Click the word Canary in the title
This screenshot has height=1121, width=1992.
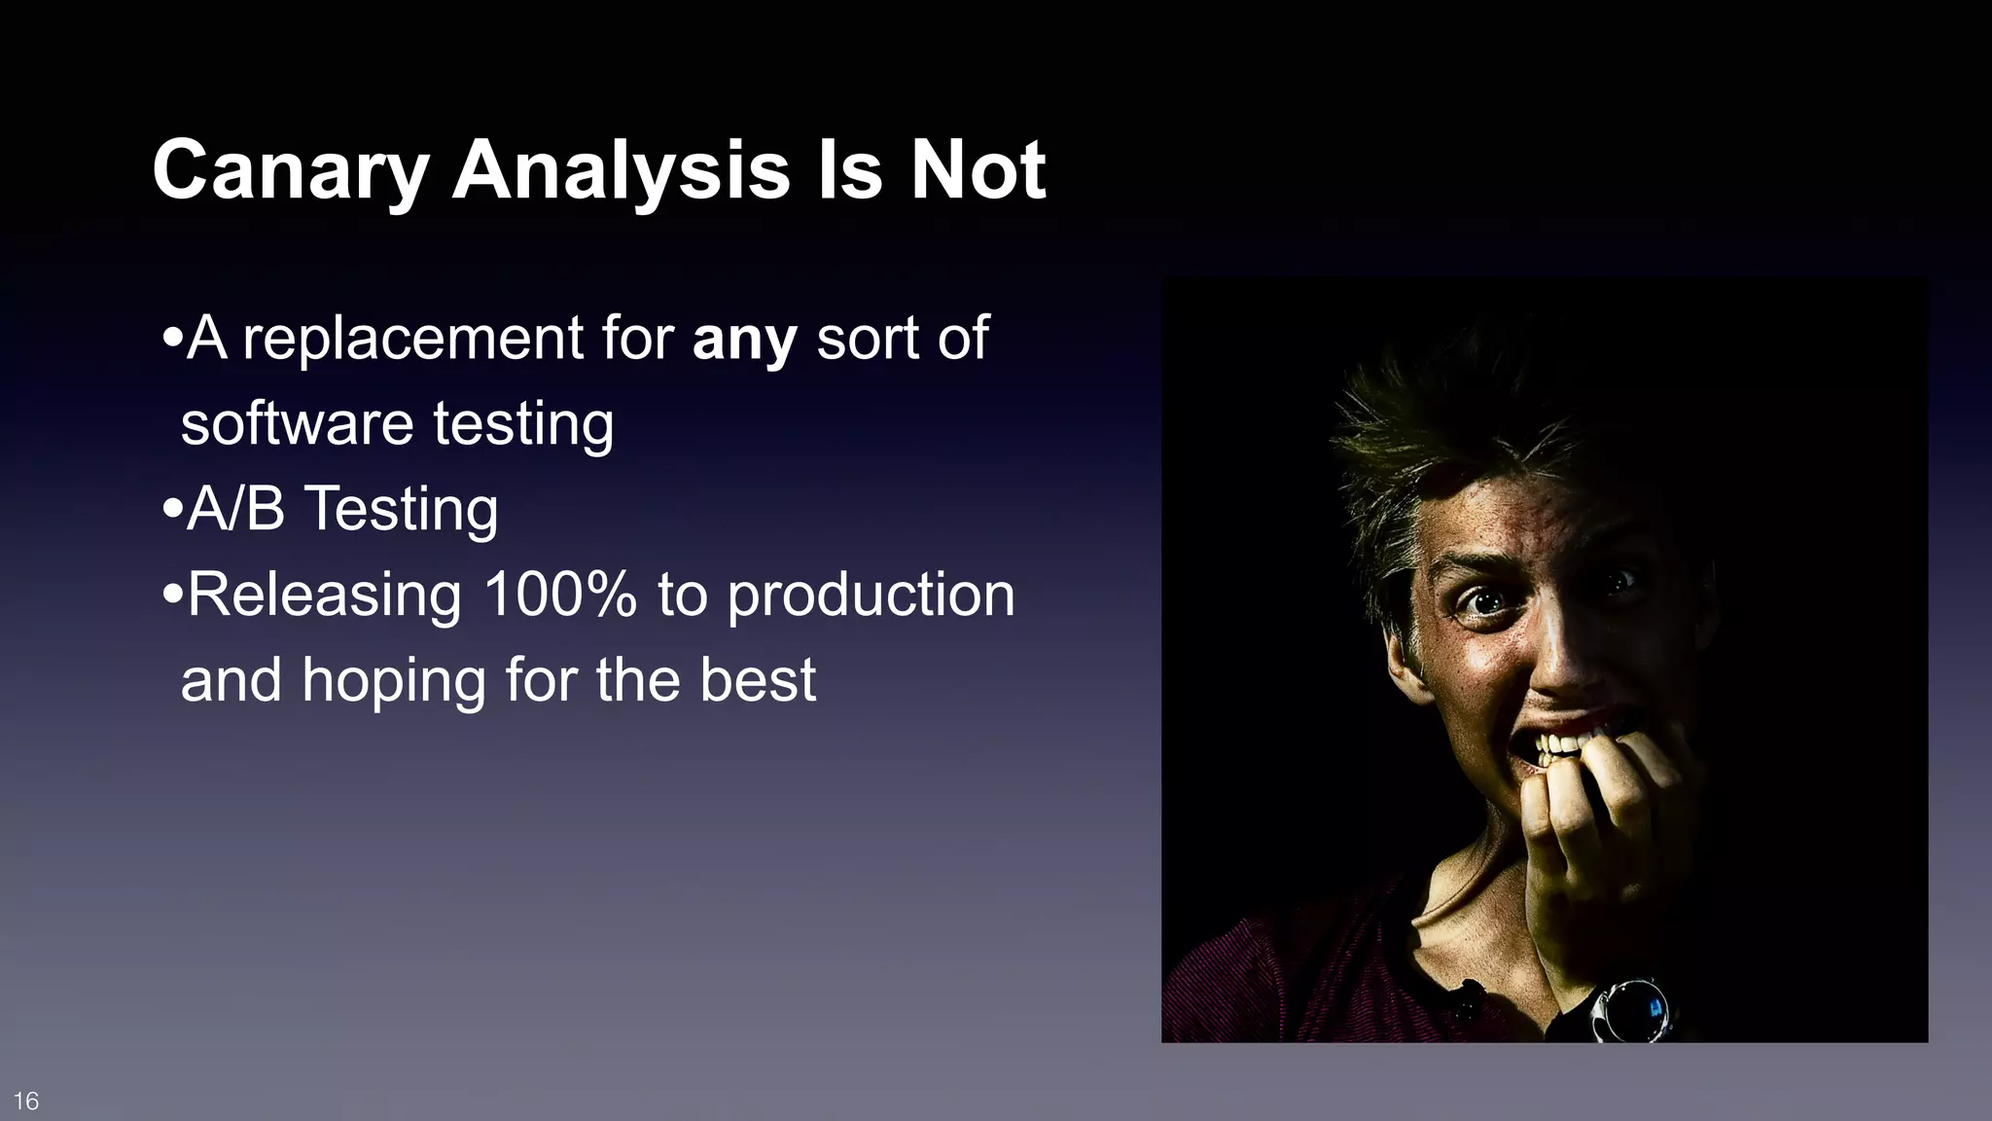(290, 171)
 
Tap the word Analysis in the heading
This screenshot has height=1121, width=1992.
(621, 171)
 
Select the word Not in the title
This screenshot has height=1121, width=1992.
(977, 171)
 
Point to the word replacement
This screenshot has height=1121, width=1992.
(412, 339)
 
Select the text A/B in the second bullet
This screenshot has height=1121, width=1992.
(235, 509)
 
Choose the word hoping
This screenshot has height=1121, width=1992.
(394, 680)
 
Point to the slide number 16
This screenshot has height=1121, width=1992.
(26, 1101)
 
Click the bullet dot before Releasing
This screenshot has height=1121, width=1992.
(173, 594)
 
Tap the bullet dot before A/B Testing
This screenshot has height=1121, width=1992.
(173, 509)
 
